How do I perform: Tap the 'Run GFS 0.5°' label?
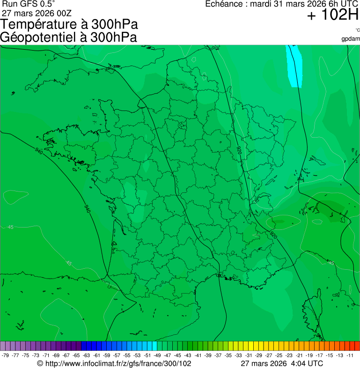(29, 4)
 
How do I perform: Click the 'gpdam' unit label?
(351, 38)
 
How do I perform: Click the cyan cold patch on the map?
(294, 68)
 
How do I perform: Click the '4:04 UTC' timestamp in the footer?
(307, 363)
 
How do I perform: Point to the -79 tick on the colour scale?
(6, 355)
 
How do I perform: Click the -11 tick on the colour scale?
(350, 355)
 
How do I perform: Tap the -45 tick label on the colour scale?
(177, 355)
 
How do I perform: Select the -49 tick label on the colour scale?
(157, 355)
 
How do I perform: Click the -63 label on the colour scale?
(86, 355)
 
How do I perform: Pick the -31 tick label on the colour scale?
(249, 355)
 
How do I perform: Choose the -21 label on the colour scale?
(299, 355)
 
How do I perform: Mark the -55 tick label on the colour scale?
(127, 355)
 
